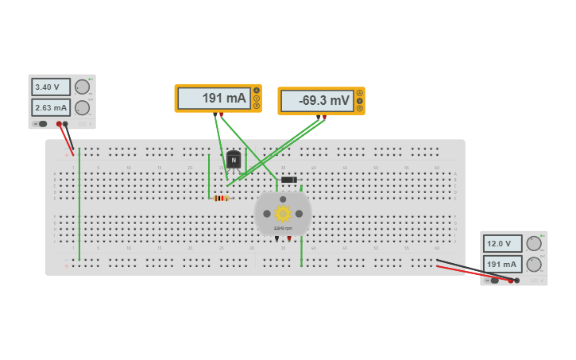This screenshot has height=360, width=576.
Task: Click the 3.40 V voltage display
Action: pos(51,87)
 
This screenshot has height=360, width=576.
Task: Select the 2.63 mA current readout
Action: pos(51,107)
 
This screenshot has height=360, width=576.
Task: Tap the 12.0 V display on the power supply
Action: pos(503,243)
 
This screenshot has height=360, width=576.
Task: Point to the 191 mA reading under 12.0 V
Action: pos(503,264)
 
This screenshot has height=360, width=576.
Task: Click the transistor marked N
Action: pos(233,160)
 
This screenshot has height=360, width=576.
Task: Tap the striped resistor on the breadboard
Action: pos(221,198)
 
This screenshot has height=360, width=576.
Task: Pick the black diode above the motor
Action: pos(288,180)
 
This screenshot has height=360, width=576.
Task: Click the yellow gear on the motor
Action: pos(283,213)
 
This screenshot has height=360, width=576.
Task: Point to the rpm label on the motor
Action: pos(283,228)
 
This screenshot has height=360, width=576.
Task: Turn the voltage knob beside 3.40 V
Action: pos(82,87)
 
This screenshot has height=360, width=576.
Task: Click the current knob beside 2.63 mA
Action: pos(82,107)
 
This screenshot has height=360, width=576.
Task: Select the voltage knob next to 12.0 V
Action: pos(534,243)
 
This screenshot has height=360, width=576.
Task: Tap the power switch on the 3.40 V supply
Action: pos(42,124)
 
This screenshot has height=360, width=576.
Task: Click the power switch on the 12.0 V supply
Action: pos(494,280)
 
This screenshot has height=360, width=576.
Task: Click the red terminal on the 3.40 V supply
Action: pos(59,124)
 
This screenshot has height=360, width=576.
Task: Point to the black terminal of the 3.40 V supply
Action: pos(65,124)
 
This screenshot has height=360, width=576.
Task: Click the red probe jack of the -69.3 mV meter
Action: pos(324,117)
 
